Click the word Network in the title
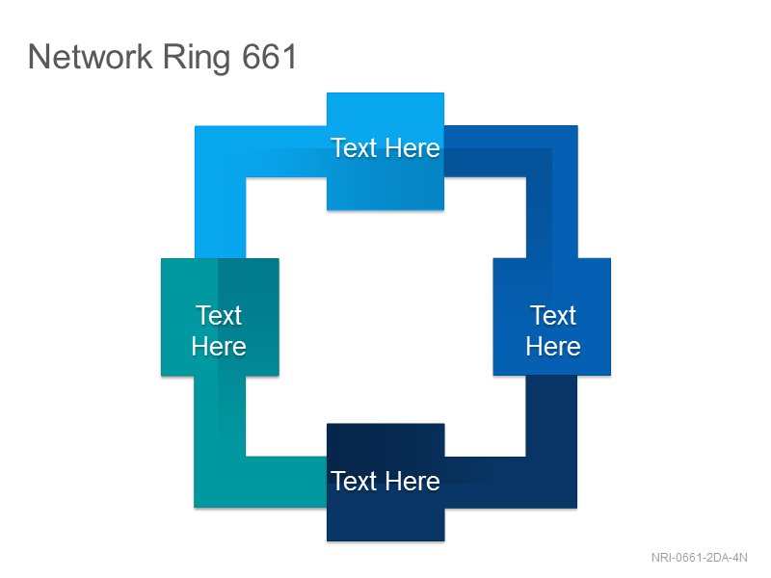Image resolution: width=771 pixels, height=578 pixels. (91, 57)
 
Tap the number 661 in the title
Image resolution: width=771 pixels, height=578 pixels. (270, 57)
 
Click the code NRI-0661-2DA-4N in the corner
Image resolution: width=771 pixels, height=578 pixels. (700, 558)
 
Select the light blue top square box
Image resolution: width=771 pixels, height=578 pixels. (385, 151)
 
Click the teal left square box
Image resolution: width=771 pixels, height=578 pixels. (220, 317)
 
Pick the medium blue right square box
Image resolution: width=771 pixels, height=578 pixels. (552, 317)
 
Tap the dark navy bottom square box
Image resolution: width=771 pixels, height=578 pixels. (385, 483)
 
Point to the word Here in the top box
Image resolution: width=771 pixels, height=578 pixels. (412, 148)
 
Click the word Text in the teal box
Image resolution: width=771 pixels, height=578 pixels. (219, 315)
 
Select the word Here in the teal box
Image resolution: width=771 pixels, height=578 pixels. (219, 346)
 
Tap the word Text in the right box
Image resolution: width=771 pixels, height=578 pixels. (553, 315)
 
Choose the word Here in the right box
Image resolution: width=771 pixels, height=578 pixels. (553, 346)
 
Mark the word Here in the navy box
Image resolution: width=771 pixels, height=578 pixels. (412, 481)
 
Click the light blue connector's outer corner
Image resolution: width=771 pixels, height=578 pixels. (196, 126)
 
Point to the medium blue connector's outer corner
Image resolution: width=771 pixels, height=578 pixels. (577, 126)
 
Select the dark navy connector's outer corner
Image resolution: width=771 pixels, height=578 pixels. (576, 508)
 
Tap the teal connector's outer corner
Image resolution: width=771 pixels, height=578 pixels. (195, 508)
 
